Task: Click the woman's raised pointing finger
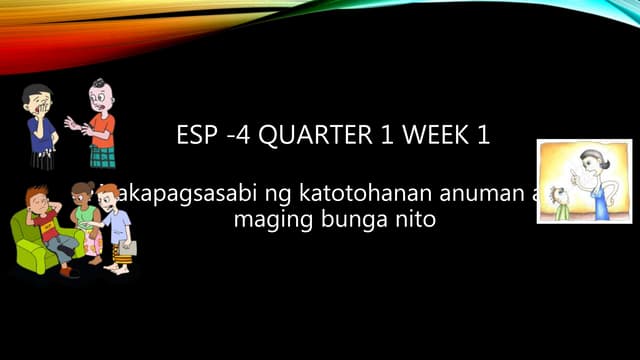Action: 573,171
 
